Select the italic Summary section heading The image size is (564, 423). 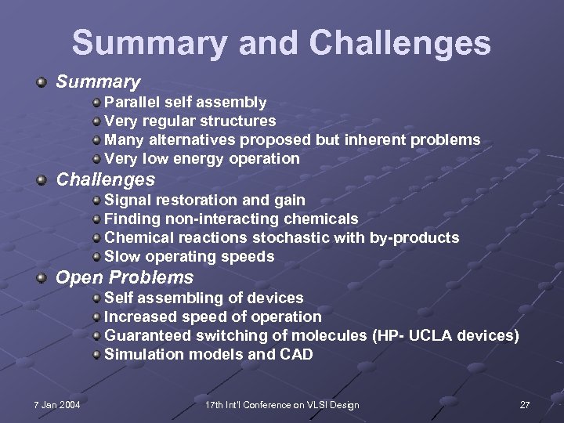point(98,81)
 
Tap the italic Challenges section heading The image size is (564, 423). point(106,179)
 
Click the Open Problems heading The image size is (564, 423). point(125,277)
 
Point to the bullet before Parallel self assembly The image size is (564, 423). point(96,103)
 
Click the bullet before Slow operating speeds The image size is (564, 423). point(96,257)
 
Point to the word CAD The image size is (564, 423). point(296,354)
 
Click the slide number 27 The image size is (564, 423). point(525,404)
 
